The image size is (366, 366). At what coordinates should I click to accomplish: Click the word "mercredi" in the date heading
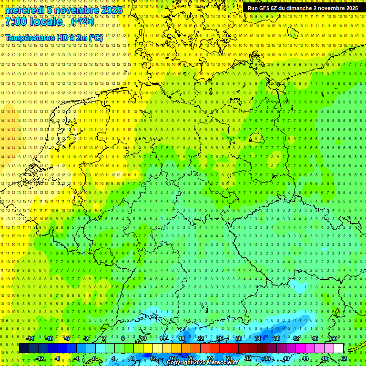24,10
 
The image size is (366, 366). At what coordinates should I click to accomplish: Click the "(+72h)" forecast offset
82,21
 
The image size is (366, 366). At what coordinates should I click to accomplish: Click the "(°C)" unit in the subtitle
95,38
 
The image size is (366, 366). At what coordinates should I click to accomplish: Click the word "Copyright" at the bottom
181,363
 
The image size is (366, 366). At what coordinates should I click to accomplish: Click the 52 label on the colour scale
343,358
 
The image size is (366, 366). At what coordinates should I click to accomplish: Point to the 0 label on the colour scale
94,358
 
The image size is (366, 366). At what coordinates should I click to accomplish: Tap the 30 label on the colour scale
239,338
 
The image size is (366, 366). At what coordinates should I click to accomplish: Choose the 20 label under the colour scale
191,358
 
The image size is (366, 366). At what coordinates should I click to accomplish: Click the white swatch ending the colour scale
338,348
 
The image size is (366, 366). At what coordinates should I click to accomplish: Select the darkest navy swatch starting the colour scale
24,348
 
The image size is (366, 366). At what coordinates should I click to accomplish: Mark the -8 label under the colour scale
57,358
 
